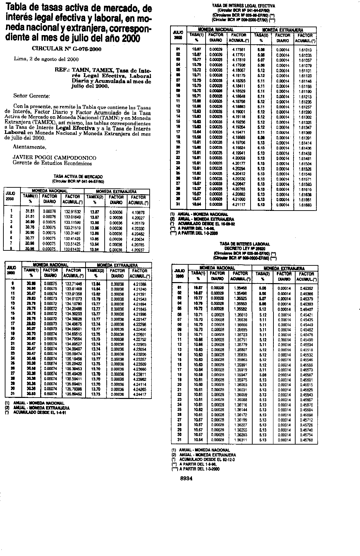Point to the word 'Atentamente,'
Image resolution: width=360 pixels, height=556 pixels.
(x=29, y=147)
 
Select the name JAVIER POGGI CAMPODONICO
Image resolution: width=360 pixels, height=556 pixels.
(x=54, y=158)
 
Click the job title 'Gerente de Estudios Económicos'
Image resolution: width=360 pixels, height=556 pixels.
(x=52, y=163)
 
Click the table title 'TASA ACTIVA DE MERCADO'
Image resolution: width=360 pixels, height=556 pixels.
(x=78, y=177)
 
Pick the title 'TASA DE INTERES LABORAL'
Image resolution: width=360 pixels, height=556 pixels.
(x=245, y=244)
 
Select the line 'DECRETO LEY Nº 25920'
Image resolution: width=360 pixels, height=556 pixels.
(x=245, y=248)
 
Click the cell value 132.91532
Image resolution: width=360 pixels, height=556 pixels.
(x=72, y=212)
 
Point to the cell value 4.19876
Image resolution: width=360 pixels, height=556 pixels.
(x=138, y=212)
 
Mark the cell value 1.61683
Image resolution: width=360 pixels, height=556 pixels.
(x=304, y=205)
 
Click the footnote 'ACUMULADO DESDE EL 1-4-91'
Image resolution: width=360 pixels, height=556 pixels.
(x=40, y=412)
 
